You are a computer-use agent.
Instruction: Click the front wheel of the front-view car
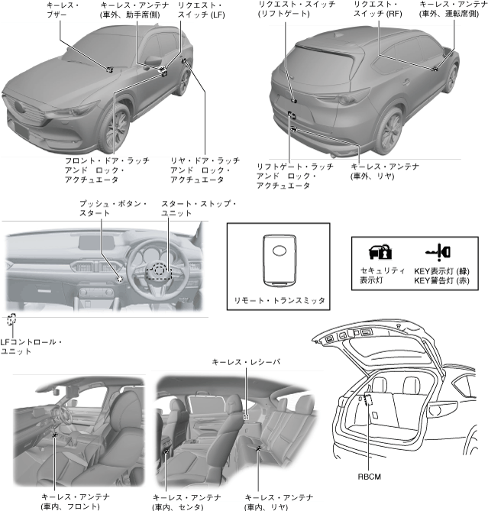pos(117,126)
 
